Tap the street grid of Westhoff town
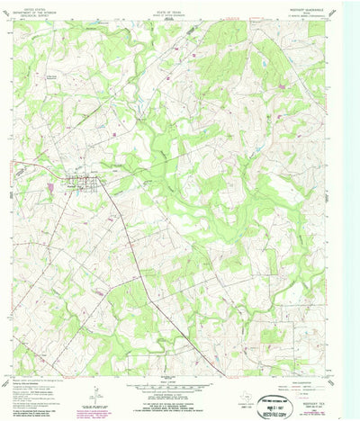tap(87, 186)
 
